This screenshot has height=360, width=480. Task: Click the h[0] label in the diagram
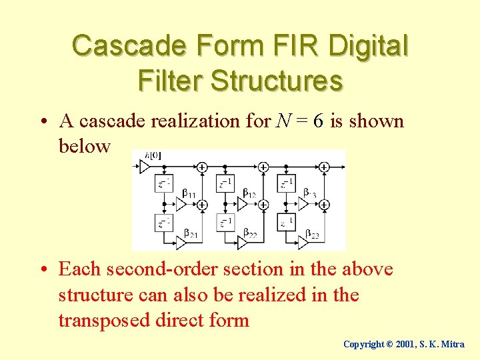[153, 156]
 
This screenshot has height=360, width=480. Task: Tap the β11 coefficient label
[189, 193]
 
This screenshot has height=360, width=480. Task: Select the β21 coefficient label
[189, 235]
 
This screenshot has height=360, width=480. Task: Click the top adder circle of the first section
[202, 167]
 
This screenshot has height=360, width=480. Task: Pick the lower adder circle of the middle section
[263, 205]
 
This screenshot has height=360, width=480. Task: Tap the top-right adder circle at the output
[324, 167]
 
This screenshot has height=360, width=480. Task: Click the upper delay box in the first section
[164, 183]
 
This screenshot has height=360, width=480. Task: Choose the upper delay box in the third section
[287, 183]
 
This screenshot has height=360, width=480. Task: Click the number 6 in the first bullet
[319, 121]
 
